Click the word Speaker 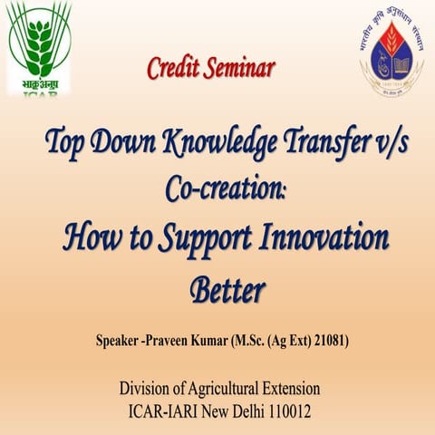[121, 343]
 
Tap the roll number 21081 [331, 343]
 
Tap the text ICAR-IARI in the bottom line [166, 411]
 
